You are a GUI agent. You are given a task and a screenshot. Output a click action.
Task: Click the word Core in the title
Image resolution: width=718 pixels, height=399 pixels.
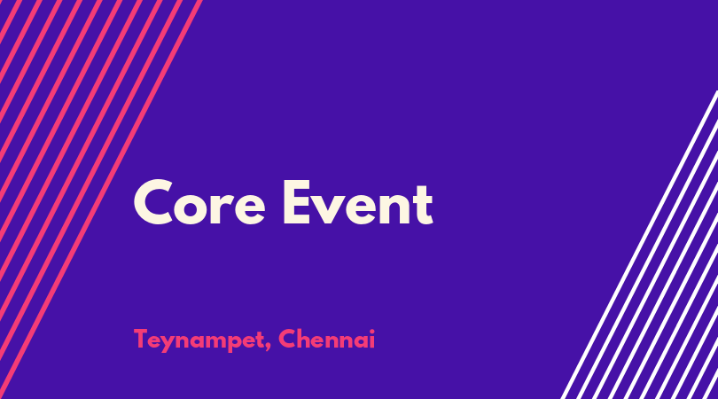click(x=199, y=202)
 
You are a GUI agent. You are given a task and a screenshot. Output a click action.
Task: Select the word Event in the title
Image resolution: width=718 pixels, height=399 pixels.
click(x=358, y=202)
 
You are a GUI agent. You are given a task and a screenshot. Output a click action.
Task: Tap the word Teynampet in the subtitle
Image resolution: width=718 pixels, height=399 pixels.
click(x=199, y=340)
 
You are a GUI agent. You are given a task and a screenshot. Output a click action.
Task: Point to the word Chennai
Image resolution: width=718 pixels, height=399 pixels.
click(x=326, y=339)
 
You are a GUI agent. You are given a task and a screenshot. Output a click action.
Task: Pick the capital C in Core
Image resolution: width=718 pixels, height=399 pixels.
click(x=153, y=202)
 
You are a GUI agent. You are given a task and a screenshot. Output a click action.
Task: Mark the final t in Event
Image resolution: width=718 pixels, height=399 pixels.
click(x=423, y=205)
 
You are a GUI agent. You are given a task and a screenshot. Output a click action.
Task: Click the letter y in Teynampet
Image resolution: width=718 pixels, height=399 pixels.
click(x=168, y=343)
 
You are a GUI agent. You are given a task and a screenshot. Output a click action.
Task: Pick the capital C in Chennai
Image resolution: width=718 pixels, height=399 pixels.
click(x=287, y=339)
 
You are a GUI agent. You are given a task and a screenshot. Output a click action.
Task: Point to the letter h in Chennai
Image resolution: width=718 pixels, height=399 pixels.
click(x=305, y=339)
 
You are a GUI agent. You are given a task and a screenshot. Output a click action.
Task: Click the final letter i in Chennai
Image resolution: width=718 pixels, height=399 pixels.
click(x=371, y=339)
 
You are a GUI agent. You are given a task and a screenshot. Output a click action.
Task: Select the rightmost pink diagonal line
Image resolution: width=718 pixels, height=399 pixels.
click(x=101, y=199)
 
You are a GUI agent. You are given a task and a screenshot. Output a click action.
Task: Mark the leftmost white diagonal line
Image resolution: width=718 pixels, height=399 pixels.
click(x=639, y=245)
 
